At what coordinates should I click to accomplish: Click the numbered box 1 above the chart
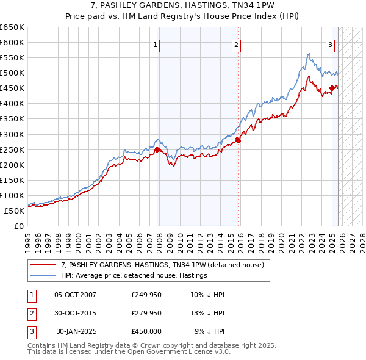pos(155,44)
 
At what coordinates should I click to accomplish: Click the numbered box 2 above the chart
pos(236,44)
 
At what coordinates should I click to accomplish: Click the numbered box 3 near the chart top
pos(330,44)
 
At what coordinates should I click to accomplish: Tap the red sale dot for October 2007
pos(157,149)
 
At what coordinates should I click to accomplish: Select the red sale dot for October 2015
pos(239,140)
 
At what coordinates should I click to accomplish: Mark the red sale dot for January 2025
pos(332,88)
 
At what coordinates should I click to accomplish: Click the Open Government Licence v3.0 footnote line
pos(129,352)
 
